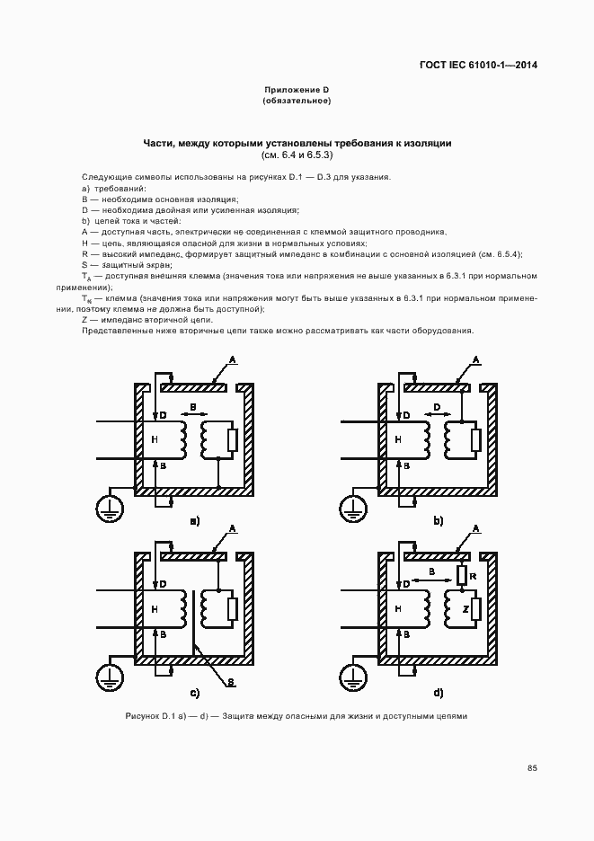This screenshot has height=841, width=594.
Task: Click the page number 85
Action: pos(532,767)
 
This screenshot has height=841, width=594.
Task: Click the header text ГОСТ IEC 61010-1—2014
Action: pos(479,65)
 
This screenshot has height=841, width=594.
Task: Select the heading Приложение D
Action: pos(297,90)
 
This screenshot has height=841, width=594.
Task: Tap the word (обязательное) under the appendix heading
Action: pos(297,101)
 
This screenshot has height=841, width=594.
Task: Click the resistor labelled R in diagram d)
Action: pos(461,574)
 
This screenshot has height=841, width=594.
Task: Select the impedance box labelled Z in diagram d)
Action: pos(476,609)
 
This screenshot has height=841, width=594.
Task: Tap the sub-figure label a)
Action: pos(194,520)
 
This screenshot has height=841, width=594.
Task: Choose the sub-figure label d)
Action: pos(439,693)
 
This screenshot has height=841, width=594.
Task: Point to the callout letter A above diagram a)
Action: pos(232,359)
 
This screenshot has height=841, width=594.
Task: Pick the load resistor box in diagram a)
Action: pos(233,439)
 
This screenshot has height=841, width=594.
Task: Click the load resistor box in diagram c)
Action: pos(233,608)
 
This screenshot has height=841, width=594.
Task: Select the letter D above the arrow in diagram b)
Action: pos(436,407)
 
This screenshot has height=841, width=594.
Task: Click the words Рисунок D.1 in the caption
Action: pos(150,716)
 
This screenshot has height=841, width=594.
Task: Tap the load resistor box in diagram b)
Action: pos(476,439)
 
